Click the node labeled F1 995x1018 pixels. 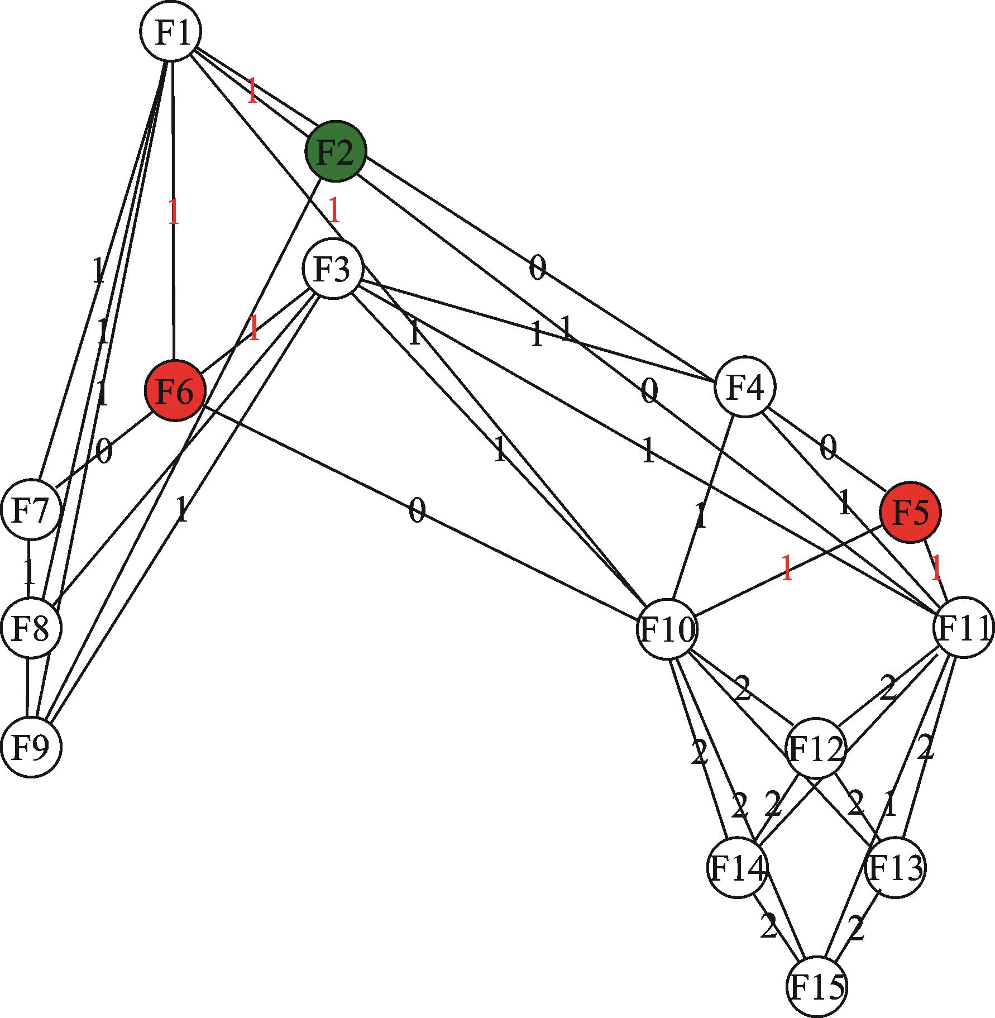tap(170, 31)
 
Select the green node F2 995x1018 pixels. tap(336, 151)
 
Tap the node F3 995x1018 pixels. tap(333, 269)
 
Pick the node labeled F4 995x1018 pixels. tap(745, 386)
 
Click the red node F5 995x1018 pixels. tap(910, 512)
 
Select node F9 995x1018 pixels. tap(31, 747)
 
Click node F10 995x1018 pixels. tap(667, 629)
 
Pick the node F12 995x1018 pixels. tap(815, 748)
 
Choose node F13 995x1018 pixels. tap(894, 867)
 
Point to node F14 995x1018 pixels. tap(737, 868)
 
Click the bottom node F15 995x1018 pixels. tap(816, 986)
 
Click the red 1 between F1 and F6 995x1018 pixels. tap(174, 212)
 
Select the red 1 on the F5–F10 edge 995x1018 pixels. tap(787, 569)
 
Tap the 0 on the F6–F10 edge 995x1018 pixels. tap(417, 511)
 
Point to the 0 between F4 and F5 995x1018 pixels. tap(828, 448)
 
